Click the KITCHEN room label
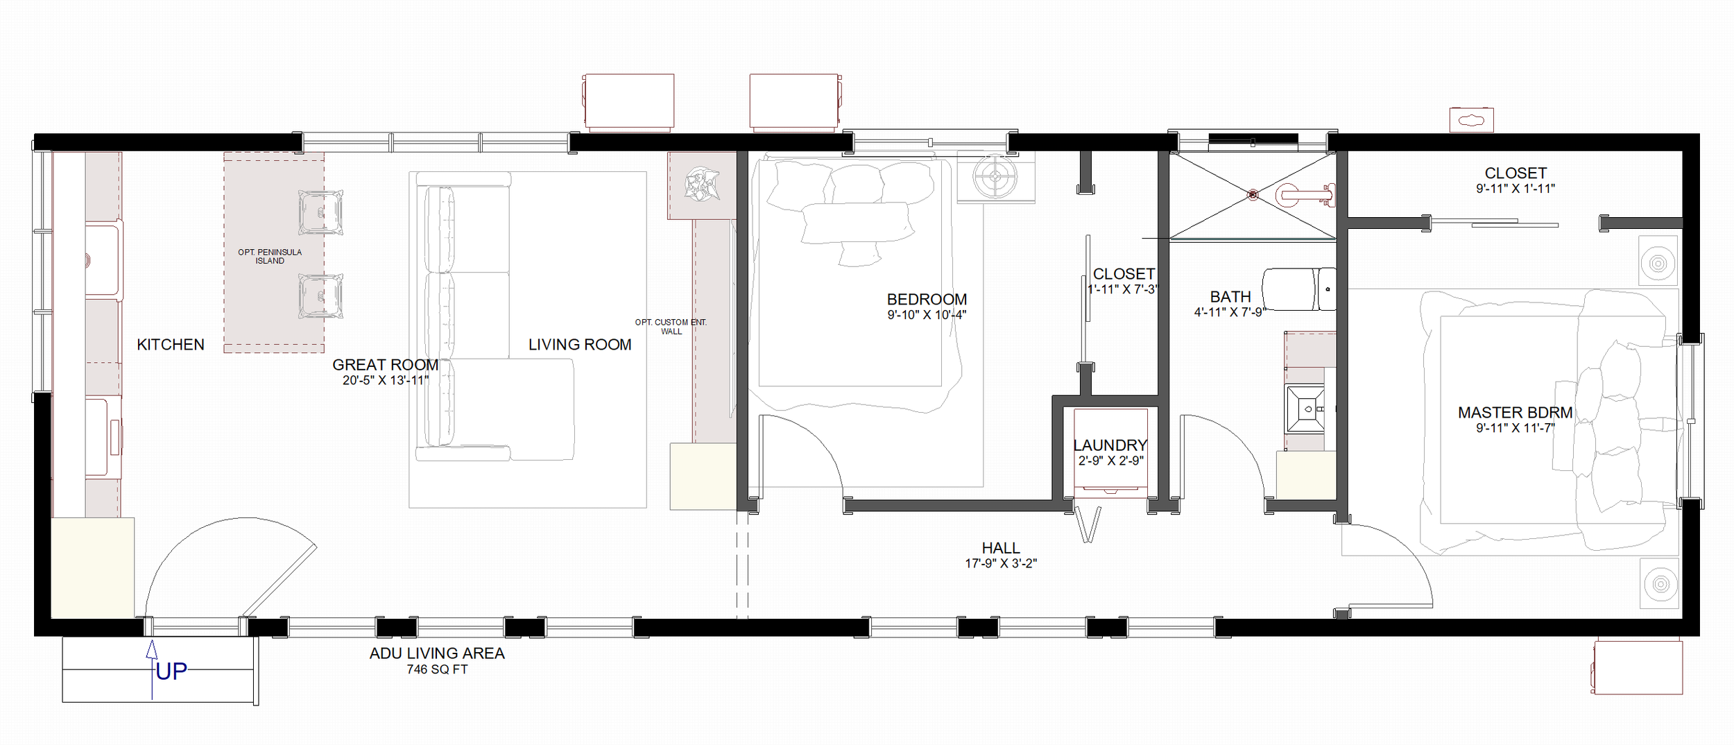point(171,345)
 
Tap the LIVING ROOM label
point(580,345)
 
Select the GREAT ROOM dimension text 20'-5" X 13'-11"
point(386,380)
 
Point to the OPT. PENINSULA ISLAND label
point(270,256)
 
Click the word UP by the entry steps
point(171,671)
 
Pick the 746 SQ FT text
point(437,669)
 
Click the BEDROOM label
point(927,300)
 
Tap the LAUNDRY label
point(1110,445)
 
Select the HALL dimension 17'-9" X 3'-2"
point(1001,563)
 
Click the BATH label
point(1230,297)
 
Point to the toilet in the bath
point(1298,289)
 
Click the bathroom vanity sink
point(1305,409)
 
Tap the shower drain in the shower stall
point(1253,195)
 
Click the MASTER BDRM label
point(1515,413)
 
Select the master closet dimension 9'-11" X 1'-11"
point(1516,188)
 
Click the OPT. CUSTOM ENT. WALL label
point(671,327)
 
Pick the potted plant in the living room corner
point(701,184)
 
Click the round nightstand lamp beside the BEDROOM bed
point(995,176)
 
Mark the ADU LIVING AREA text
point(437,653)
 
